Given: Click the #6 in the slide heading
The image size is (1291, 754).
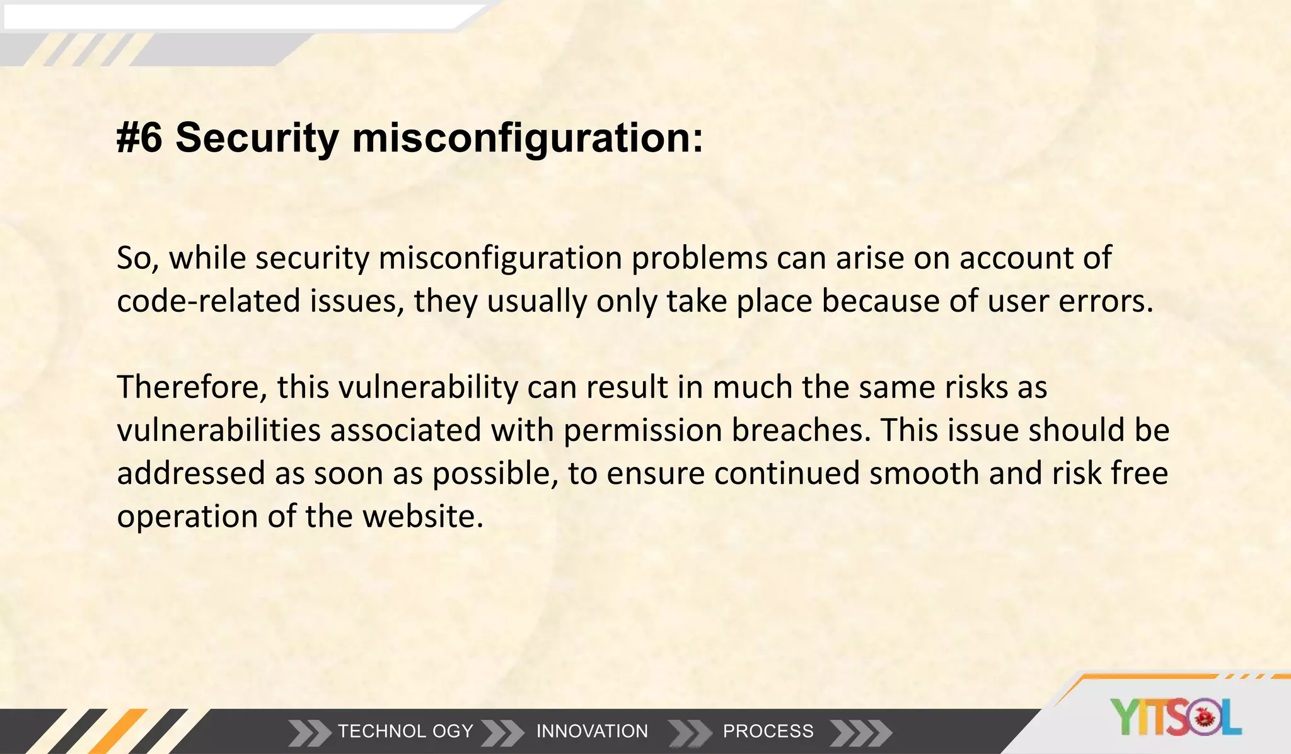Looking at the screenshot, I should pos(139,138).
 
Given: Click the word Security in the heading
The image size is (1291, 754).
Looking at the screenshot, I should pos(257,138).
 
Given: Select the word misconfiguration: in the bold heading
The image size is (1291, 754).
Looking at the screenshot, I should pos(527,138).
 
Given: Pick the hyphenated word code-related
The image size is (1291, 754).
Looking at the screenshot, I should pos(208,301).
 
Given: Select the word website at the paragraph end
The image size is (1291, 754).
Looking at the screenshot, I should pos(422,516).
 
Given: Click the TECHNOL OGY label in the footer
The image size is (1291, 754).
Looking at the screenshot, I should pos(405,731).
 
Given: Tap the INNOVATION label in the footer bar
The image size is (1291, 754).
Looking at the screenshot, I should pos(592,731).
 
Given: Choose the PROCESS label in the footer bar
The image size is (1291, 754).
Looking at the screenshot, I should pos(768,731).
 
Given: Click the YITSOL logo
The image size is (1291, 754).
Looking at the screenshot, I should pos(1176,717).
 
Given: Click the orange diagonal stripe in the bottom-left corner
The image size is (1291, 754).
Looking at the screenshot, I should pos(119,732).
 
